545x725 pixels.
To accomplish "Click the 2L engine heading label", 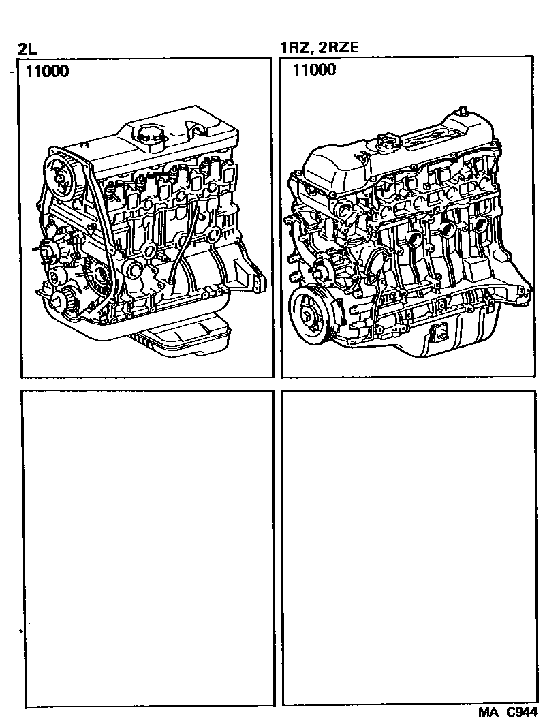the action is [x=27, y=48].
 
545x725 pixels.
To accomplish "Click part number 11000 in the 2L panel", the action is [x=47, y=71].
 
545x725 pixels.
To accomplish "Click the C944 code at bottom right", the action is [x=521, y=712].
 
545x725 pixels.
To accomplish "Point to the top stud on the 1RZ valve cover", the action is [x=461, y=111].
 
